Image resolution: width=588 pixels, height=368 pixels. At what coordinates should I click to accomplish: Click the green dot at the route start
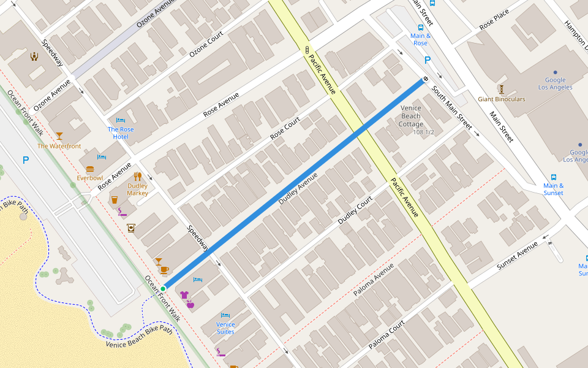(x=164, y=288)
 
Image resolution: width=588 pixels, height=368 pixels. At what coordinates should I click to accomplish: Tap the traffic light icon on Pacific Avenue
(x=307, y=50)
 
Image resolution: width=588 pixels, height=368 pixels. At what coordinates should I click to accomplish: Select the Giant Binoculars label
(x=502, y=99)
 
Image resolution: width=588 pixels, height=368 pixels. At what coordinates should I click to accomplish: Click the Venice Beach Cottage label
(x=411, y=116)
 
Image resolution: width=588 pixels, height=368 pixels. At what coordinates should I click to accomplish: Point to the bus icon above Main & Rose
(x=420, y=28)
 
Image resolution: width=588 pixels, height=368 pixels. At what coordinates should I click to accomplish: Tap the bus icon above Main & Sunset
(x=554, y=177)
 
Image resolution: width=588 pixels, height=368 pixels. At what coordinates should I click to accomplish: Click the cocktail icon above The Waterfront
(x=59, y=136)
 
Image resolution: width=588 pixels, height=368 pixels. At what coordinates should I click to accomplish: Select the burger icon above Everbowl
(x=90, y=169)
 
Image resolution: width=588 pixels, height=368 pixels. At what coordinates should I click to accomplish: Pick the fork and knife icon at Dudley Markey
(x=138, y=177)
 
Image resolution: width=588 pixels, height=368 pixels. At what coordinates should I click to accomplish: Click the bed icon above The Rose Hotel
(x=120, y=120)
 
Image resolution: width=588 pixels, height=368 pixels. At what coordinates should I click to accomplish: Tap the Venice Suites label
(x=225, y=328)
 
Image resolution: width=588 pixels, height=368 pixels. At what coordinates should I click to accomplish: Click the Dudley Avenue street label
(x=298, y=188)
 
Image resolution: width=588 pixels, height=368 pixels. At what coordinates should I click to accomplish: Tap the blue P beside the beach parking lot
(x=26, y=161)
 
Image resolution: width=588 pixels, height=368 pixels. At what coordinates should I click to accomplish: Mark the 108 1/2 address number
(x=423, y=132)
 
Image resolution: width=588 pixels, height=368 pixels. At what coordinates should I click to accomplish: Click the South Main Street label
(x=452, y=108)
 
